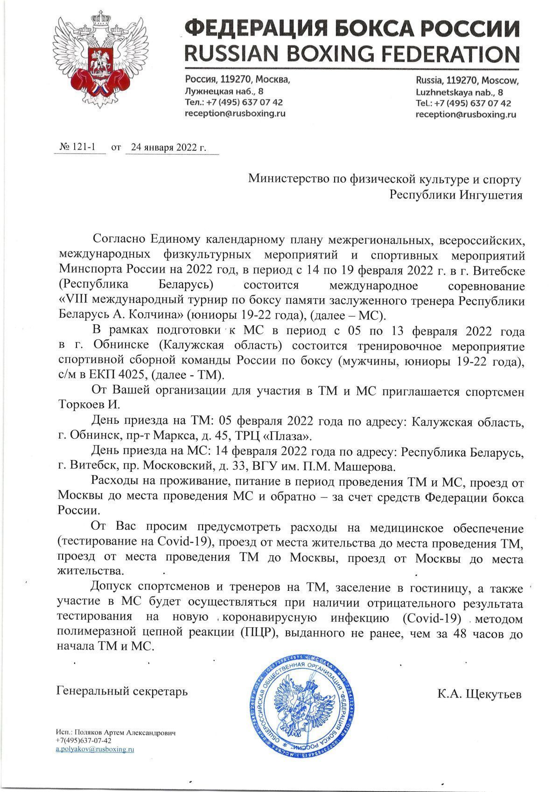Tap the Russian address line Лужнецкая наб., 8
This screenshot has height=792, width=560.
(x=224, y=91)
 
